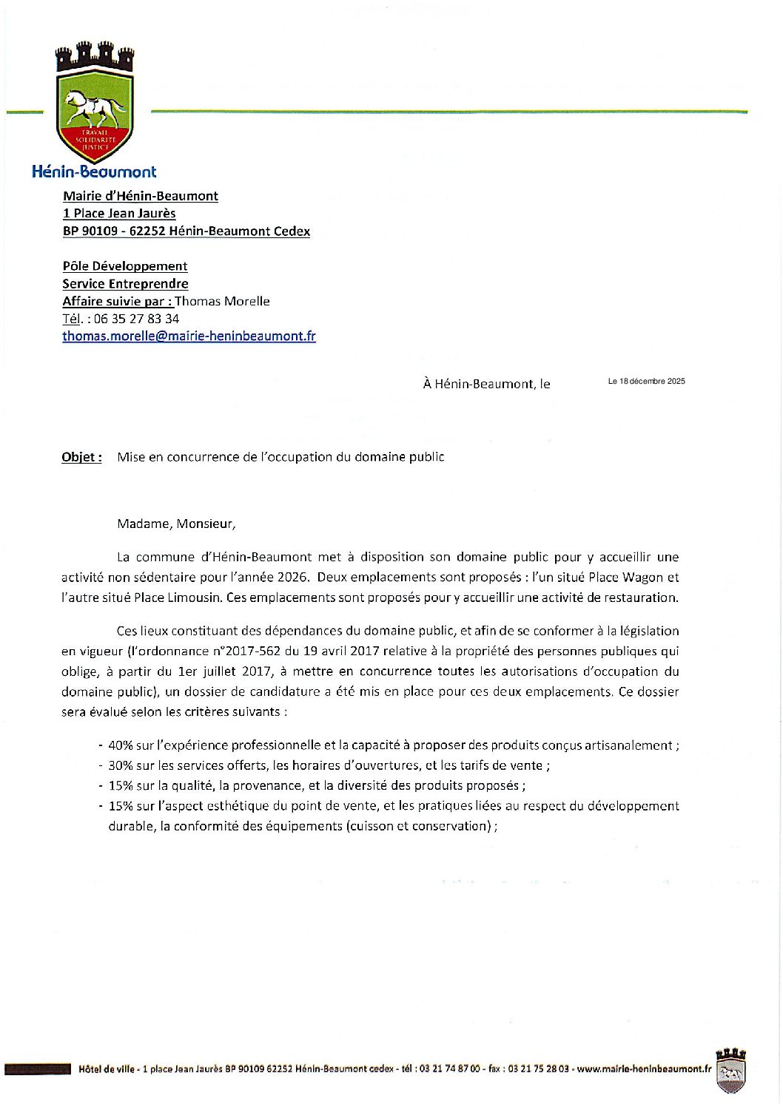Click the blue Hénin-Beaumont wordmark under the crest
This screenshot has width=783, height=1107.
94,172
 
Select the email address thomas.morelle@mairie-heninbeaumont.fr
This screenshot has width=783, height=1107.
189,336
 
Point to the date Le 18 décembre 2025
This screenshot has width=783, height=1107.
646,382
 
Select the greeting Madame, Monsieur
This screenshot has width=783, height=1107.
176,524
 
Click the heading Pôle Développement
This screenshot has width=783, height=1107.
124,266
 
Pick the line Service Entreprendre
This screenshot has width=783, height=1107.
125,284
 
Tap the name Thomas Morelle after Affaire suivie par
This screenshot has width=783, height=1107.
222,301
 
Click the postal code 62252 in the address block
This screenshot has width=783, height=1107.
145,231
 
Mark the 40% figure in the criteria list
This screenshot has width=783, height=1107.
120,745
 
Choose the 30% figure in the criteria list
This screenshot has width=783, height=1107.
120,765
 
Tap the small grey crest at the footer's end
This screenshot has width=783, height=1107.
730,1070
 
